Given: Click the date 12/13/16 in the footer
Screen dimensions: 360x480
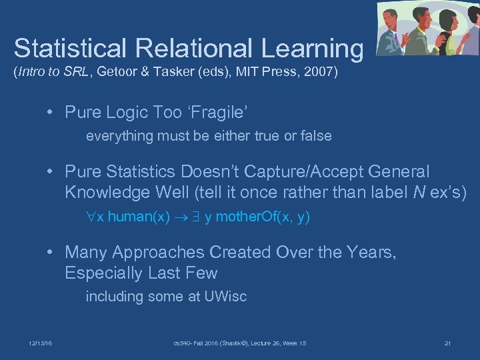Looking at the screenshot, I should pyautogui.click(x=41, y=343).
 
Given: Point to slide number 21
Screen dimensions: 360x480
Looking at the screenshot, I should pyautogui.click(x=447, y=343).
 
